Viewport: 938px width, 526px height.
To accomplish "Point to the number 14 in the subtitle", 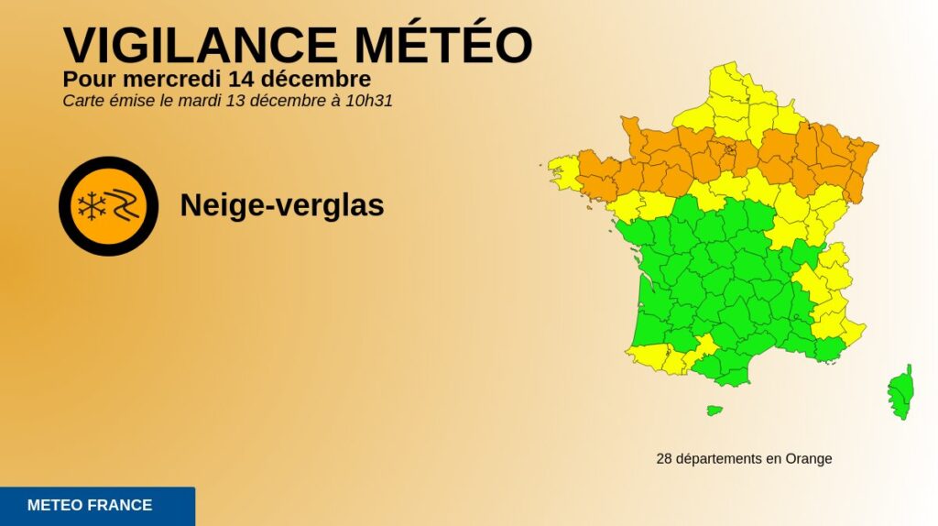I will pos(222,78).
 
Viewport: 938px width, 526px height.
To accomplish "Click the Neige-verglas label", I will pos(281,205).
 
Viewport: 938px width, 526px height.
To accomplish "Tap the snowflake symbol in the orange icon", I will pos(92,206).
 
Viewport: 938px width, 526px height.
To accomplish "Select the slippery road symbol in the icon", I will pos(124,206).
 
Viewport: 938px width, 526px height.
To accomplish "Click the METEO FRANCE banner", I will pos(96,505).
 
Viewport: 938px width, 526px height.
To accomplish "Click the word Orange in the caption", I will pos(809,458).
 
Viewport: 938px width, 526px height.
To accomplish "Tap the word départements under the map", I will pos(718,458).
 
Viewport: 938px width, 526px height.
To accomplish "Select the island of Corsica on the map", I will pos(901,392).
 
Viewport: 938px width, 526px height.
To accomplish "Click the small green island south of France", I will pos(714,410).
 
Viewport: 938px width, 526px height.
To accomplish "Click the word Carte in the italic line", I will pos(82,101).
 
